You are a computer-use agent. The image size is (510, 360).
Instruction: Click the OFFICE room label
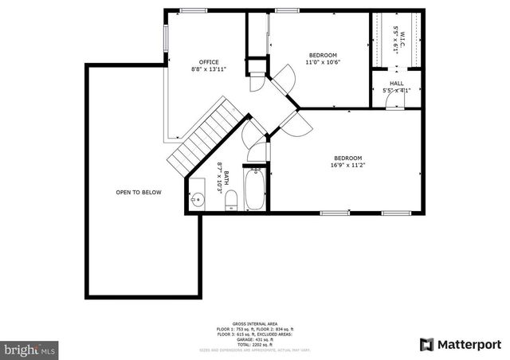(x=209, y=61)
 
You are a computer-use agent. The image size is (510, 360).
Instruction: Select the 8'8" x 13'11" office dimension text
(x=209, y=69)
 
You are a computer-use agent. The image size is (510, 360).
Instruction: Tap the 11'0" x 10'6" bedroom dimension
(x=323, y=63)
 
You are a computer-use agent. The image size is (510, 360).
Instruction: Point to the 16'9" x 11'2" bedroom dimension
(x=348, y=166)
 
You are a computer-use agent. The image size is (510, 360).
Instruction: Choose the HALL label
(x=396, y=83)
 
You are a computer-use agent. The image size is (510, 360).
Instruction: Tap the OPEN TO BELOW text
(x=139, y=193)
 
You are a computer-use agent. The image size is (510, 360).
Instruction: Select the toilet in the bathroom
(x=231, y=200)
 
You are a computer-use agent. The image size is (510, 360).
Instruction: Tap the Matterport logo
(x=461, y=344)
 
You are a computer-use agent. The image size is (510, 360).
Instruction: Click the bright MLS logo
(x=30, y=349)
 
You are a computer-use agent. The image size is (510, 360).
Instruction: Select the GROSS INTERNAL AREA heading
(x=254, y=324)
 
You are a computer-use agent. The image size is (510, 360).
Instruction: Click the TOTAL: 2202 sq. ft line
(x=254, y=343)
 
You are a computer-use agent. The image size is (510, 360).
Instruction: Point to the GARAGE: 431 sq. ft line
(x=254, y=338)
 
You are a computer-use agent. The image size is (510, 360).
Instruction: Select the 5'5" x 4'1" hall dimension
(x=396, y=90)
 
